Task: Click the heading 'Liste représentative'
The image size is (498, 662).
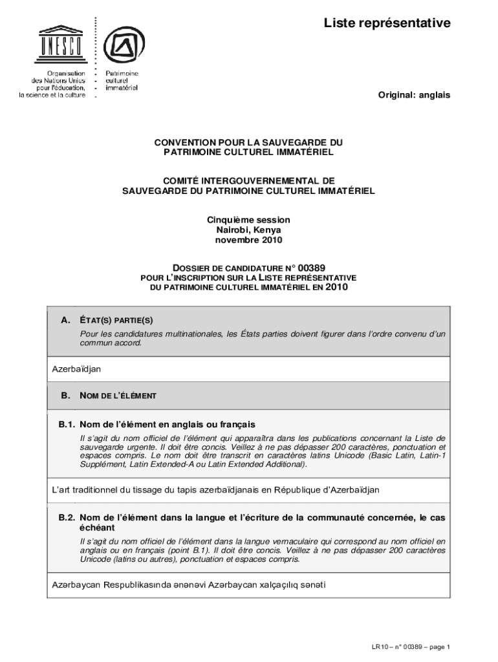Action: [387, 24]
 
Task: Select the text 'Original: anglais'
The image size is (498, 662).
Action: [414, 95]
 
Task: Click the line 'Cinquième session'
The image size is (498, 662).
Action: [248, 220]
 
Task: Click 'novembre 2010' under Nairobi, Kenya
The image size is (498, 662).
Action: [248, 240]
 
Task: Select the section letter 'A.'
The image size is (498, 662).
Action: [65, 320]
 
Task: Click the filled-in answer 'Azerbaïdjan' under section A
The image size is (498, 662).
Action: [76, 369]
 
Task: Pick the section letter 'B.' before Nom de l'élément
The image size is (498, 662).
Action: [65, 395]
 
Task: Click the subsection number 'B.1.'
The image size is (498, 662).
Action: [67, 425]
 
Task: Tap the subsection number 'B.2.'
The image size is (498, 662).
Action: [67, 518]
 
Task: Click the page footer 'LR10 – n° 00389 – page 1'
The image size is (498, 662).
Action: [411, 646]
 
